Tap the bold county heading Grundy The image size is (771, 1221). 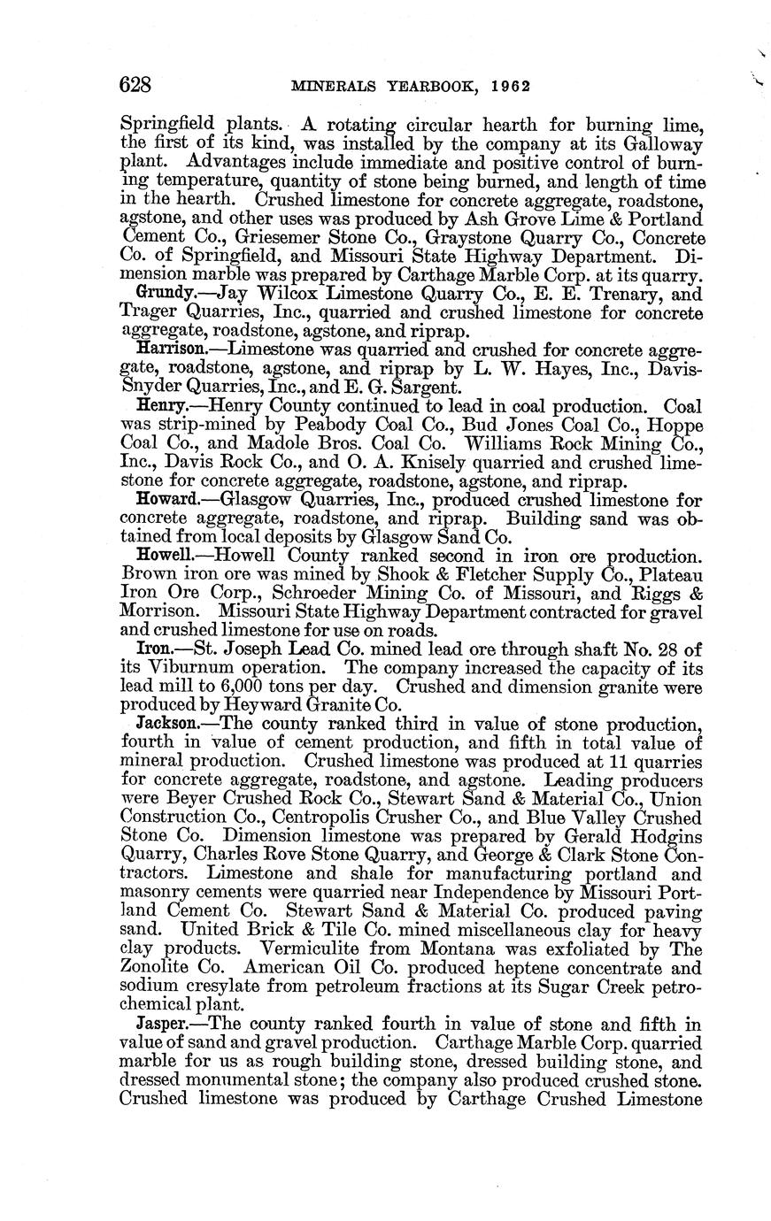[160, 293]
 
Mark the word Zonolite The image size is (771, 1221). [156, 967]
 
